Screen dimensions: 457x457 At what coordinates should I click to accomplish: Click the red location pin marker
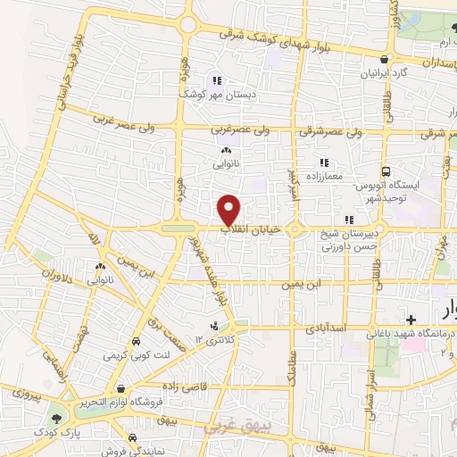[x=230, y=208]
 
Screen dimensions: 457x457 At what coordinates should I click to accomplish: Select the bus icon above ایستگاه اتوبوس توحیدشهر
[x=386, y=170]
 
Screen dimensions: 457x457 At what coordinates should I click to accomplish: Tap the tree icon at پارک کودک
[x=57, y=417]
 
